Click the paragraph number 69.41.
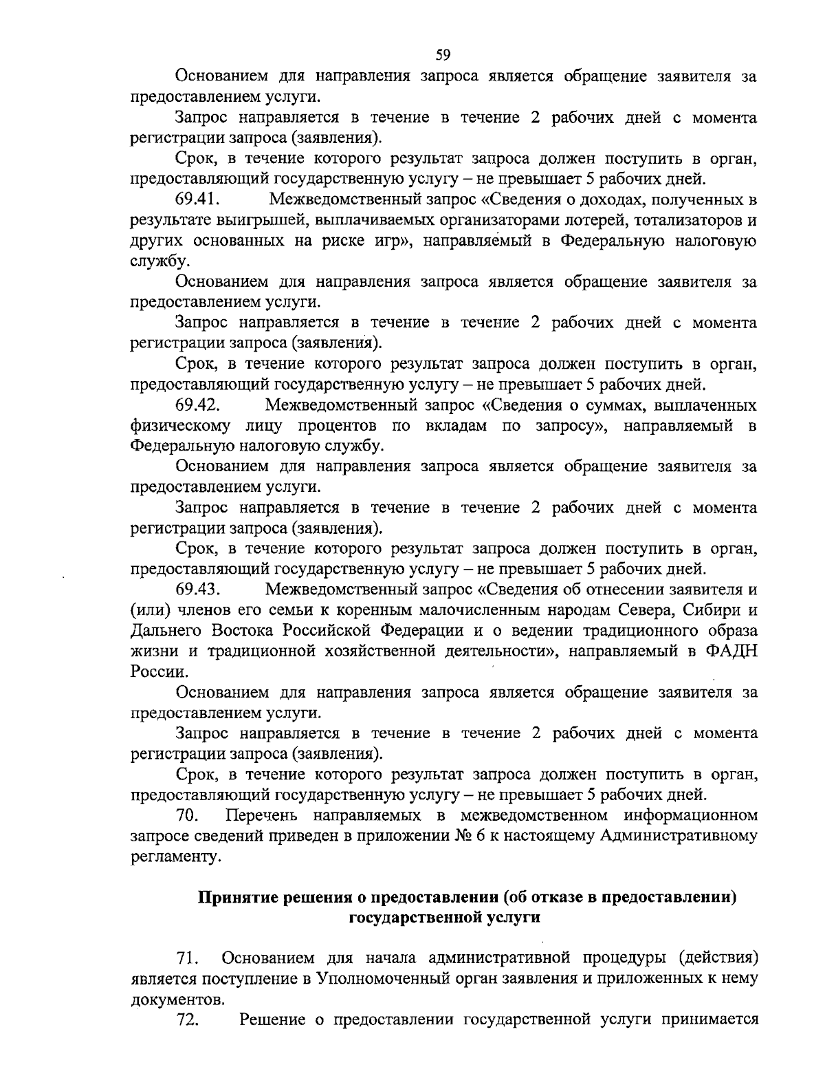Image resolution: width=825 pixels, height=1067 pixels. pyautogui.click(x=197, y=200)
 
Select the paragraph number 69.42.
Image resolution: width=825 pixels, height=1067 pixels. pyautogui.click(x=197, y=405)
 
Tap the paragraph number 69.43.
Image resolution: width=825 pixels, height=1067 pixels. pyautogui.click(x=197, y=590)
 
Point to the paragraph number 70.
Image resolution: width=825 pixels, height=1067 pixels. pyautogui.click(x=188, y=816)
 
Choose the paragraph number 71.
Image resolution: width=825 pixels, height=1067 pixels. pyautogui.click(x=188, y=958)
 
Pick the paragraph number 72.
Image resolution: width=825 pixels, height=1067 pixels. pyautogui.click(x=188, y=1020)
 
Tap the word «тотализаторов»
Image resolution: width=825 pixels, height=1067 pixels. pyautogui.click(x=688, y=221)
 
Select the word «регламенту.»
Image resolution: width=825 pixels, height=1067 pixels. pyautogui.click(x=177, y=857)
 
